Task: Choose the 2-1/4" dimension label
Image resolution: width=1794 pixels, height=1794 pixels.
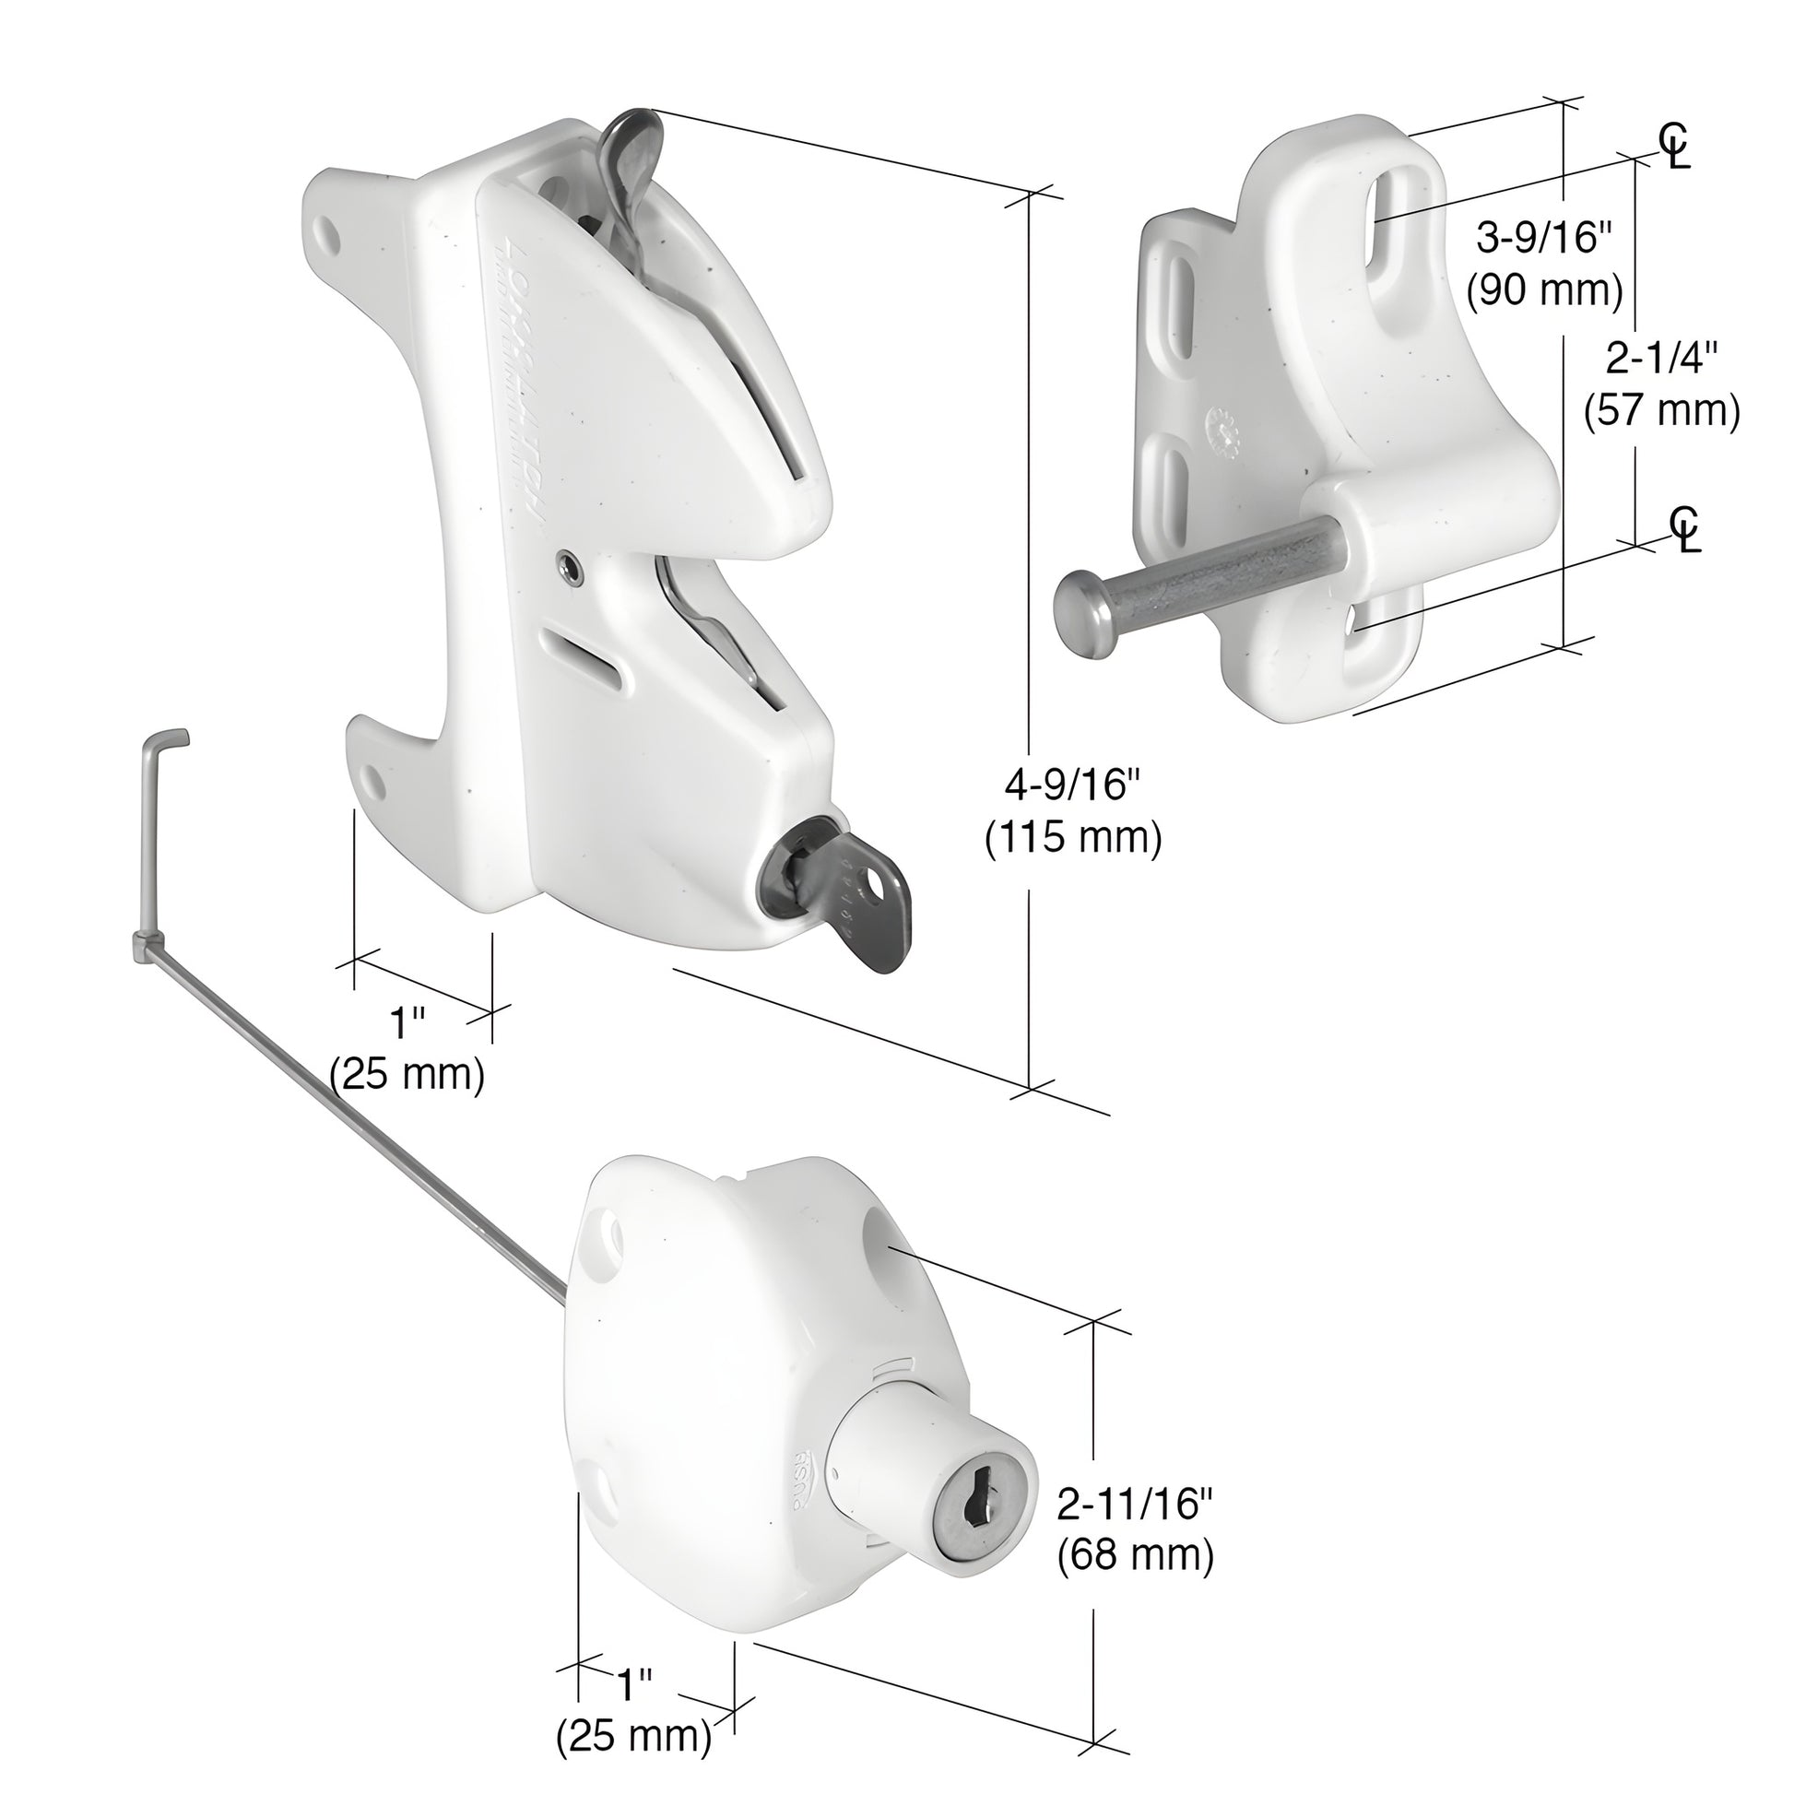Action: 1661,359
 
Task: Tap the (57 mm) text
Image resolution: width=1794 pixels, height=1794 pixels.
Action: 1661,410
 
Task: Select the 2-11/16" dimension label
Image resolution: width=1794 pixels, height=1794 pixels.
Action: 1136,1504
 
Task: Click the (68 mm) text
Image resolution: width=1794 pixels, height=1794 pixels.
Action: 1136,1555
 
